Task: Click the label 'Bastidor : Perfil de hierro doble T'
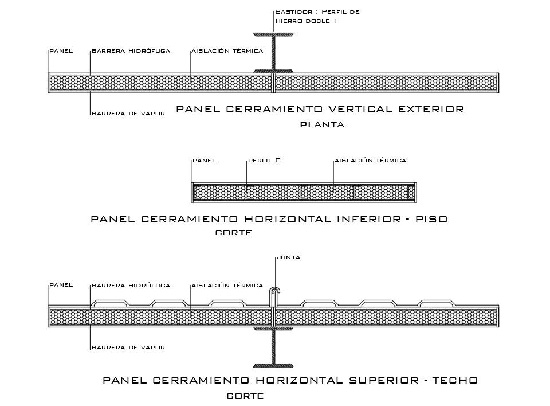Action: (317, 16)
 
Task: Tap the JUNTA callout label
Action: (288, 257)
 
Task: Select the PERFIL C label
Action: (264, 161)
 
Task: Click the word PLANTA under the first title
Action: (322, 126)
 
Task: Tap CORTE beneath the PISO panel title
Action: (233, 233)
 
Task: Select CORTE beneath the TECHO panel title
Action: (245, 396)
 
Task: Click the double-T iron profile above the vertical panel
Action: (273, 54)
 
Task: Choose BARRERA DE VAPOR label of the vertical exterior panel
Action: (128, 114)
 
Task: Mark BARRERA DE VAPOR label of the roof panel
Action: (128, 348)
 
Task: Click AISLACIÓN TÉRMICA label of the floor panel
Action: (370, 161)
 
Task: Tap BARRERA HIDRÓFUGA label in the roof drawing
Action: (131, 285)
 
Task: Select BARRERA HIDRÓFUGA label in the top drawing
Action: (131, 51)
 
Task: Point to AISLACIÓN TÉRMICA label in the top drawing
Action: (227, 51)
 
